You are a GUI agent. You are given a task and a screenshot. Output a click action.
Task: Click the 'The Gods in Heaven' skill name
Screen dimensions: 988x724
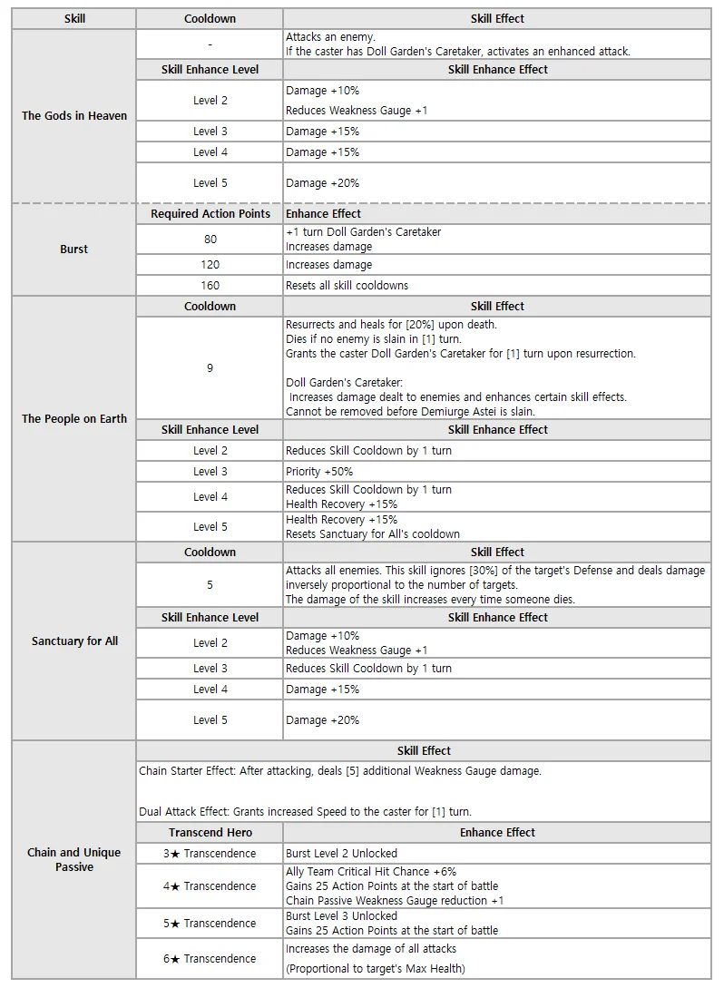click(74, 116)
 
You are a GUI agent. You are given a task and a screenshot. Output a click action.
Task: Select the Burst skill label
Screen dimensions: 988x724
click(74, 249)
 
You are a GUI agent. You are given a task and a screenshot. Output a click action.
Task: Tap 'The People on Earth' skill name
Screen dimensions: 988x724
click(74, 419)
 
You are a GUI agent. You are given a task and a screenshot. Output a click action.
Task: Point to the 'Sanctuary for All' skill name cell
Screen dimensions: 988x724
click(74, 641)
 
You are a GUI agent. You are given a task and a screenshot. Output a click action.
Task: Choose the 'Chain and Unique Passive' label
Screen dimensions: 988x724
click(74, 859)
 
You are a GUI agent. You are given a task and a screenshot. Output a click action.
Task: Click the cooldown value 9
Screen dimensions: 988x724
click(210, 368)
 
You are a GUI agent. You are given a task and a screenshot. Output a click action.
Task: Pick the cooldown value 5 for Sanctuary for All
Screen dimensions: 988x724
click(210, 585)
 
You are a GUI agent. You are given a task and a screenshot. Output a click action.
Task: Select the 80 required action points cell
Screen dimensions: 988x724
click(210, 240)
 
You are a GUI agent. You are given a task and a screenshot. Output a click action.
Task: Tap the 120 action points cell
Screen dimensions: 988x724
click(210, 265)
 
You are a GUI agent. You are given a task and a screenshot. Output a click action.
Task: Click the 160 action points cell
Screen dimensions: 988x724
click(210, 286)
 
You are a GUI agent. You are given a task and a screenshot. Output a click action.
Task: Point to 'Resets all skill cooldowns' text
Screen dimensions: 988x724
click(347, 286)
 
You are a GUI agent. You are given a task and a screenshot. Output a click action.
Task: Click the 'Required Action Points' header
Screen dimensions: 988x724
click(210, 214)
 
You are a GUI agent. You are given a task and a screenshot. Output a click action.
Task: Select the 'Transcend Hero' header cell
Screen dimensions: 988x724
click(210, 833)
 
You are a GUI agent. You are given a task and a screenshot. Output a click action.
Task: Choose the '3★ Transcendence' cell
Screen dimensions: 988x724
click(210, 854)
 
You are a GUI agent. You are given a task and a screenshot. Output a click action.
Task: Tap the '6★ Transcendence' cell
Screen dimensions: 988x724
click(210, 959)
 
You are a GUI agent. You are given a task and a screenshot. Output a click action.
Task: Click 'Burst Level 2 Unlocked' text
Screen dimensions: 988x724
click(341, 854)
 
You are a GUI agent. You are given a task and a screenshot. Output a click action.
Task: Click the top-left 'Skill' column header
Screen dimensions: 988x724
click(75, 19)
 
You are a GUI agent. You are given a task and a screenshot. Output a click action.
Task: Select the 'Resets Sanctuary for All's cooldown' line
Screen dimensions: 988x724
click(373, 534)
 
